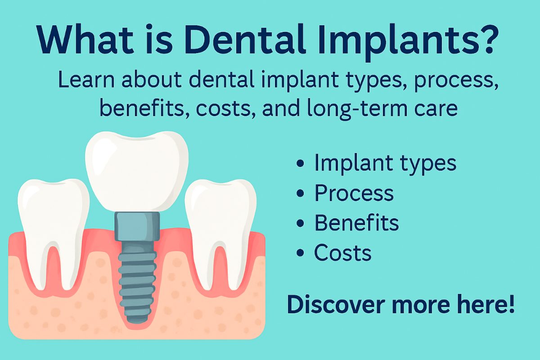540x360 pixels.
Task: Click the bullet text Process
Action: coord(354,193)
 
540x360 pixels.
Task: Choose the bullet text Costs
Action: coord(342,253)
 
